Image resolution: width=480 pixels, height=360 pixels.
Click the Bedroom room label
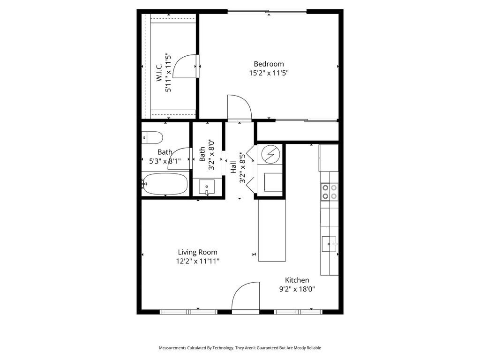click(x=269, y=64)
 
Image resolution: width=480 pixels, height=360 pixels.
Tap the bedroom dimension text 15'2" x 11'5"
click(x=269, y=73)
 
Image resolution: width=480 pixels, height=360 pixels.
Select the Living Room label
click(x=197, y=252)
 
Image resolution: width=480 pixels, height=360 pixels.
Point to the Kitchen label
click(x=297, y=280)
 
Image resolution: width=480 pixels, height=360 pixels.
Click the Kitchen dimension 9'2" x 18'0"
click(x=297, y=289)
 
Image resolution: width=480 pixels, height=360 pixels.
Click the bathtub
click(x=165, y=184)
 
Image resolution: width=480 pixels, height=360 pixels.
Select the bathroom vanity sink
click(x=207, y=187)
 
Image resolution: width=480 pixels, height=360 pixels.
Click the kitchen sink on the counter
click(x=329, y=244)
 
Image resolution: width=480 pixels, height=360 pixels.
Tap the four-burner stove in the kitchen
click(x=330, y=192)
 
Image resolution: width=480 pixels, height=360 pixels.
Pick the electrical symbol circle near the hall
click(x=270, y=155)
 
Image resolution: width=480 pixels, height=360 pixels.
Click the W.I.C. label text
click(x=159, y=73)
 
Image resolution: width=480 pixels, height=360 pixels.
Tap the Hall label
click(x=233, y=167)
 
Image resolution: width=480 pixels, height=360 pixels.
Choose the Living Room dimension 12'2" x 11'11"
click(x=197, y=261)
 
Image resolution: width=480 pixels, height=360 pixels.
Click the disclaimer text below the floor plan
click(x=240, y=348)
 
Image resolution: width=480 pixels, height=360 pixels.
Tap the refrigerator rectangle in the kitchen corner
click(x=329, y=158)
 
